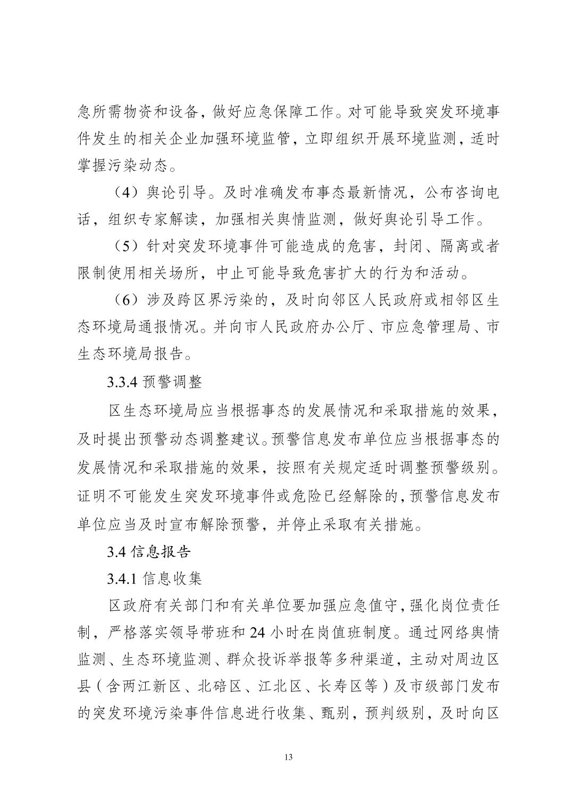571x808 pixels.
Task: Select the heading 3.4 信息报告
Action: point(148,551)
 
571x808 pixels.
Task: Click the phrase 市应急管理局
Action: point(419,327)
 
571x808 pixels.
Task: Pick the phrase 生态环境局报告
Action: point(130,355)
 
